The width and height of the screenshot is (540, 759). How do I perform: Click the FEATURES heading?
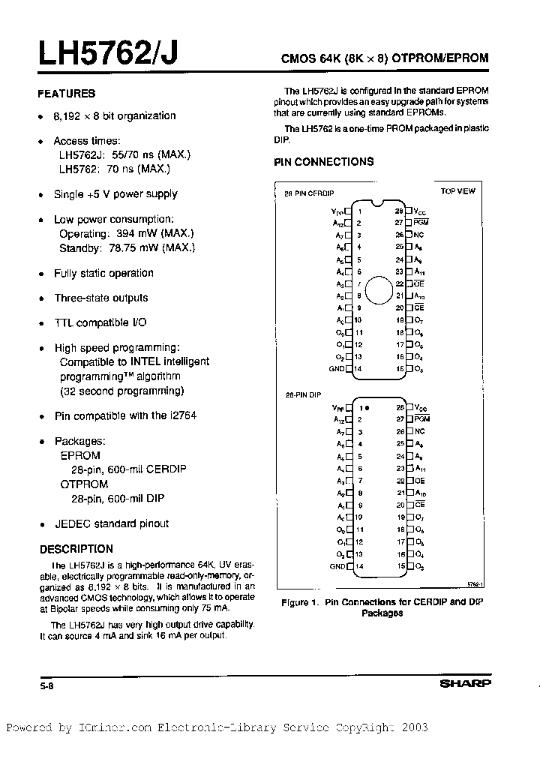coord(67,94)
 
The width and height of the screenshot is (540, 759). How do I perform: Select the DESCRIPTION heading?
coord(76,549)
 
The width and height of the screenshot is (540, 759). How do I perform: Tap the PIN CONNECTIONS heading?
coord(324,162)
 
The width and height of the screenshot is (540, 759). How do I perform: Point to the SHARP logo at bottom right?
coord(464,684)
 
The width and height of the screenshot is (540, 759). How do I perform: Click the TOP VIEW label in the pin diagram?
coord(457,191)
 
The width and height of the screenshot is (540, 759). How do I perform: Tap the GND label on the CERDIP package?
coord(336,369)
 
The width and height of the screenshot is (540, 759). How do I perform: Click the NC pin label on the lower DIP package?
coord(419,432)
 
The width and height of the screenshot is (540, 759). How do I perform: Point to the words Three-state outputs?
coord(100,298)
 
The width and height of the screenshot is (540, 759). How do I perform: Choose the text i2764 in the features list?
coord(182,415)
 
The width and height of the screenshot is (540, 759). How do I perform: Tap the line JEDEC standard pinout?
coord(111,523)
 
